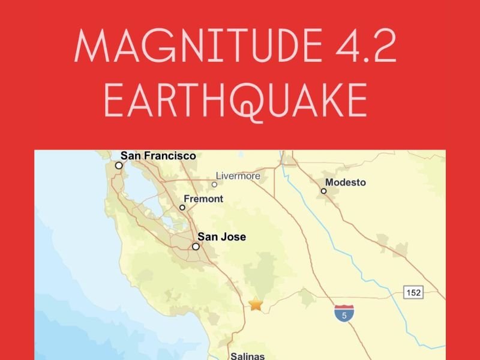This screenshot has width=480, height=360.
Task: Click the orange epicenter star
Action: click(256, 304)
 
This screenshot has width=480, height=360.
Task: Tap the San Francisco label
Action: click(158, 156)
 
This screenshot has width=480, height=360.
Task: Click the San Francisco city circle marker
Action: click(119, 166)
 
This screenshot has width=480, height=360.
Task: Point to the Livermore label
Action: click(238, 176)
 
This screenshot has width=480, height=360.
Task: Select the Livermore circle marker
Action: click(214, 184)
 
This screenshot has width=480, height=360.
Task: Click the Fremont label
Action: click(203, 199)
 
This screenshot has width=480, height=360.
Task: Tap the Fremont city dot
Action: click(182, 208)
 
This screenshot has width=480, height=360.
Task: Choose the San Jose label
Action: click(221, 237)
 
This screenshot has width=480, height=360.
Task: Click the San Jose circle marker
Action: click(196, 247)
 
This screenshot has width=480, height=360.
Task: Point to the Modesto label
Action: click(345, 182)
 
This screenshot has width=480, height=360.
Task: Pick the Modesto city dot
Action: click(323, 191)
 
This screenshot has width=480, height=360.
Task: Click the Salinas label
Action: click(247, 356)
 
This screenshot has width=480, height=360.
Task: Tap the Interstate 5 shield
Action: click(344, 313)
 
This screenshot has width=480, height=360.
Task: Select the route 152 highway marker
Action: click(413, 293)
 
